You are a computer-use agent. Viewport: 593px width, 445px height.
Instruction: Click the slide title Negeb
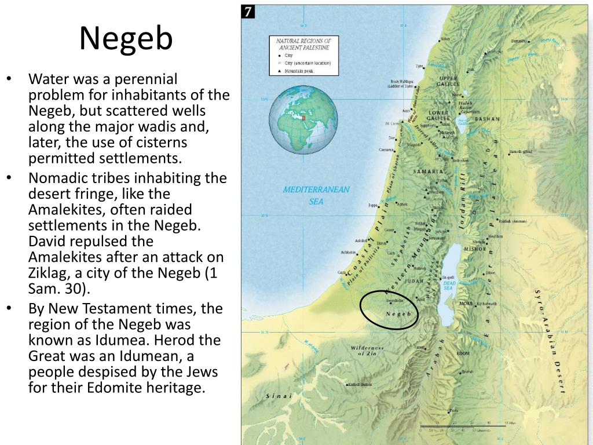[126, 39]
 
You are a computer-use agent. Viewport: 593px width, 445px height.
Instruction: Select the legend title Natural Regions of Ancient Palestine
[303, 45]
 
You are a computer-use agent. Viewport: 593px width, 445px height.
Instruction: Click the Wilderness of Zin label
[367, 349]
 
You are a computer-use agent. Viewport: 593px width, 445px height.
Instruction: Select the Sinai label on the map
[279, 396]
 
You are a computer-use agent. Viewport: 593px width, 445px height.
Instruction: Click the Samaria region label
[429, 172]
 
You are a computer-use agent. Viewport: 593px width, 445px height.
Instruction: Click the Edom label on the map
[463, 353]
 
